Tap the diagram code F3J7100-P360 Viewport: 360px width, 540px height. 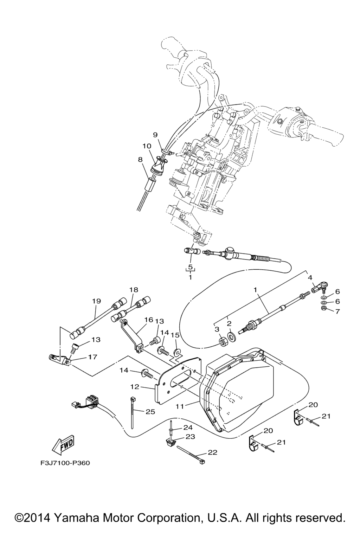(x=65, y=463)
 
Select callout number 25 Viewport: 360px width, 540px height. (x=150, y=412)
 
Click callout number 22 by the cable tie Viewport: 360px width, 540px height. (x=212, y=452)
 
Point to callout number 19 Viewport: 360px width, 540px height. (x=96, y=301)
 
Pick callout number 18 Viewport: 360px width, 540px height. (x=134, y=290)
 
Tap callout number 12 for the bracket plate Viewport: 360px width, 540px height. (x=135, y=387)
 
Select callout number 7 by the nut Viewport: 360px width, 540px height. (x=337, y=311)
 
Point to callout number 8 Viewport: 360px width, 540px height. (x=140, y=159)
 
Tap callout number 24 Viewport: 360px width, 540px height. (x=188, y=427)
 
